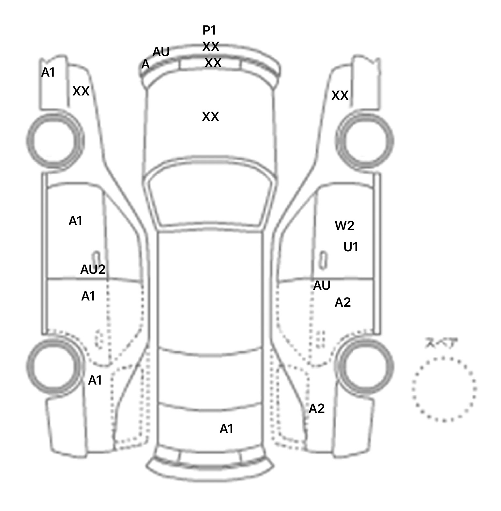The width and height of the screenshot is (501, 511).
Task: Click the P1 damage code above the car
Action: (209, 30)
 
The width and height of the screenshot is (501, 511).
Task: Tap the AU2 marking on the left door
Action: (93, 269)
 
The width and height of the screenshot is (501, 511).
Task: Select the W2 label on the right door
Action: (344, 226)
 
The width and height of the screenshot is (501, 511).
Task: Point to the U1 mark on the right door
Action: (351, 247)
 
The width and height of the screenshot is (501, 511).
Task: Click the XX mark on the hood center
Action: (210, 116)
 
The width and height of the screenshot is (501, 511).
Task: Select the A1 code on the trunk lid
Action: (226, 429)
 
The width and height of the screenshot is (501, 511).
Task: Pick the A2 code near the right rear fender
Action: (316, 408)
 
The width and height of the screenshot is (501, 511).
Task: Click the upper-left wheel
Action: (54, 141)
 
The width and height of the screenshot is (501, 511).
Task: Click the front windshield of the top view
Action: (210, 196)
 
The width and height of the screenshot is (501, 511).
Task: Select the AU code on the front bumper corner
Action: (161, 52)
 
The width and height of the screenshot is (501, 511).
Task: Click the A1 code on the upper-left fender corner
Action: (48, 73)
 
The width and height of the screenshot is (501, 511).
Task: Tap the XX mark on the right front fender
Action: (340, 95)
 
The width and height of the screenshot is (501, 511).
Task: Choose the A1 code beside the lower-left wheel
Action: (95, 380)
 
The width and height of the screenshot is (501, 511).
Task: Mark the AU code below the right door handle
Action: (322, 285)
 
